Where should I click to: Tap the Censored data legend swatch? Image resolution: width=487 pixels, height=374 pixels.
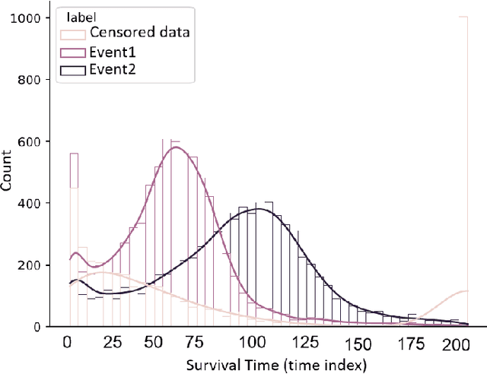[x=74, y=33]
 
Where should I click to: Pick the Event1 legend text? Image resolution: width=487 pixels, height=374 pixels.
[x=112, y=52]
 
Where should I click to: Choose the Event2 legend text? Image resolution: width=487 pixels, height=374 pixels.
[x=112, y=71]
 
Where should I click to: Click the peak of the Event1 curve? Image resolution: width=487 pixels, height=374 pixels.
[x=176, y=147]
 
